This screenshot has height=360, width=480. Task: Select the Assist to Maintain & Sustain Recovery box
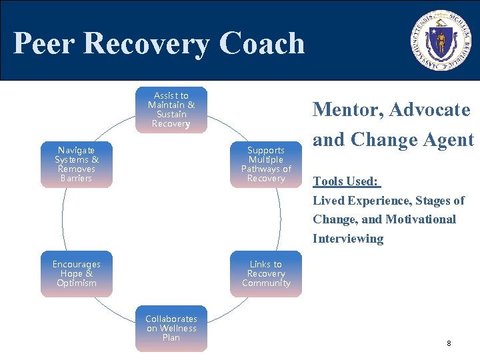tap(171, 109)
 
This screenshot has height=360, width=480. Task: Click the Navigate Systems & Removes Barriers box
tap(77, 165)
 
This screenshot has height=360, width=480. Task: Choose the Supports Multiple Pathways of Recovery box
tap(266, 165)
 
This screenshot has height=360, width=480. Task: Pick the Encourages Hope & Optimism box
tap(77, 273)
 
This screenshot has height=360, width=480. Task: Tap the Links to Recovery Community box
tap(266, 273)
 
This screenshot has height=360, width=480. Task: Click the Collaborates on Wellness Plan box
tap(171, 328)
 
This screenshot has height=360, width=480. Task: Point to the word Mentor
tap(347, 109)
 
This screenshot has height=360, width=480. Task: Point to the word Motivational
tap(420, 219)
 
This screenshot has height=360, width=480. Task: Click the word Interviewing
tap(348, 239)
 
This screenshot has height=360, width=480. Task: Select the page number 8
tap(449, 343)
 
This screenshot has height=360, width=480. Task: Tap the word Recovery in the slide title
tap(149, 44)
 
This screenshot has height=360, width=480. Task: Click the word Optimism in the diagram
tap(77, 283)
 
